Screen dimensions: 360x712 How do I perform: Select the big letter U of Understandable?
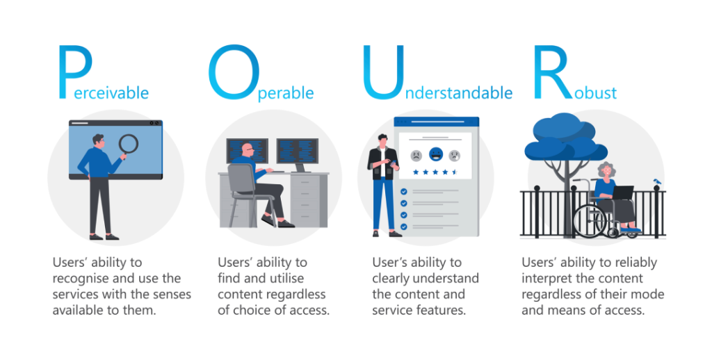(x=381, y=71)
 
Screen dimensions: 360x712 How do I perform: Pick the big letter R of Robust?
(x=549, y=71)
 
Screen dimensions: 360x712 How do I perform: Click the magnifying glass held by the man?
(x=129, y=145)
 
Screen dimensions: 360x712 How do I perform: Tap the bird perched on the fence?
(x=657, y=182)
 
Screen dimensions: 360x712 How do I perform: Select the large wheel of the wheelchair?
(x=589, y=222)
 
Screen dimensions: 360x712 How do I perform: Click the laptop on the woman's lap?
(x=622, y=192)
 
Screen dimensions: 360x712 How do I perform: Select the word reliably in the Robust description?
(x=631, y=263)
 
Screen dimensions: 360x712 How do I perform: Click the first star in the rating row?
(x=416, y=171)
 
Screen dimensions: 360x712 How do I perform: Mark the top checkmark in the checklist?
(x=404, y=191)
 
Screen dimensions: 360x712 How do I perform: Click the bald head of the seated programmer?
(x=248, y=149)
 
